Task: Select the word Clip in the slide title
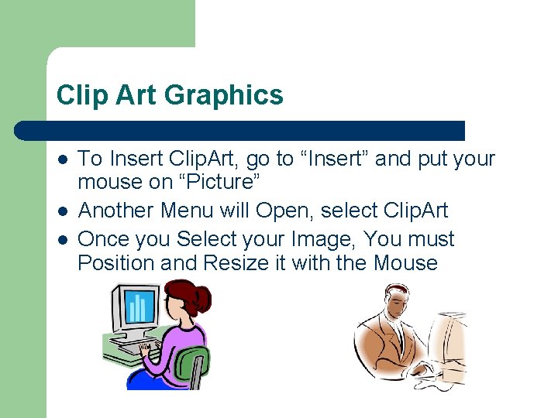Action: pyautogui.click(x=80, y=96)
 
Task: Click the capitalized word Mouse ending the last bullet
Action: pyautogui.click(x=405, y=263)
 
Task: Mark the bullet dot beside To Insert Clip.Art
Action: pyautogui.click(x=63, y=160)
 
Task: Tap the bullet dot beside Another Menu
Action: pyautogui.click(x=63, y=211)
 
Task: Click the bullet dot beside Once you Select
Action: pyautogui.click(x=63, y=239)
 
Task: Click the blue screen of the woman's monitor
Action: pyautogui.click(x=136, y=308)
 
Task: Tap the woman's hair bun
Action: pyautogui.click(x=204, y=295)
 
